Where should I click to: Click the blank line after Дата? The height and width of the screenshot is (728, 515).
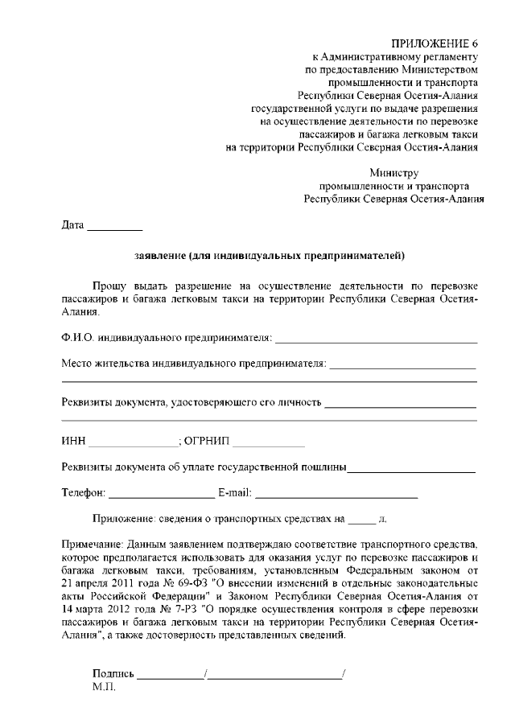[114, 228]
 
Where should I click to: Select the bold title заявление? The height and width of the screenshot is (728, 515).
[161, 257]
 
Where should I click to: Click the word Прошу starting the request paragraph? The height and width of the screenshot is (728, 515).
[109, 286]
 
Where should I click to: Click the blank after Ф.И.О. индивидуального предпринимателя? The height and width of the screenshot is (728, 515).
[377, 340]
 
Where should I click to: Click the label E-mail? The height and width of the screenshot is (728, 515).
[235, 492]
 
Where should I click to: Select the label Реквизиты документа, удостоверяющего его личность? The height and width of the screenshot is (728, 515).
[192, 402]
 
